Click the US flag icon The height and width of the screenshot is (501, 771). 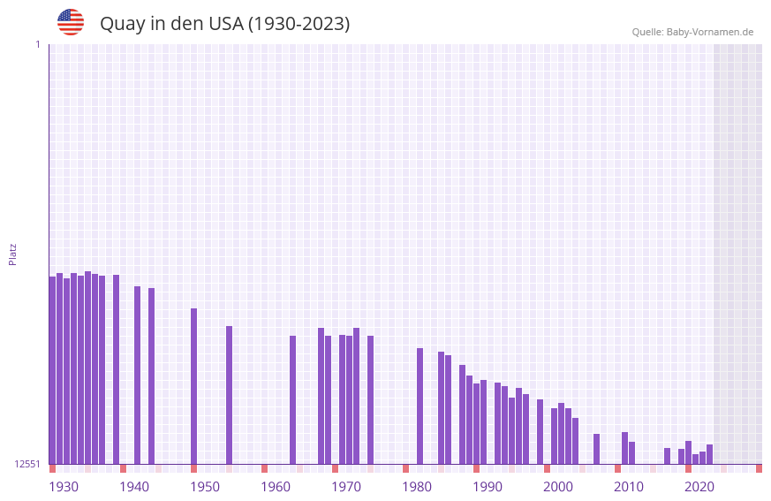click(71, 22)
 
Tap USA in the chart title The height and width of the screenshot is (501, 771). click(225, 24)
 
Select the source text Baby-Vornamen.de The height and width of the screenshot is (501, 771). click(709, 32)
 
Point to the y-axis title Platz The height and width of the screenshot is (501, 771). click(12, 254)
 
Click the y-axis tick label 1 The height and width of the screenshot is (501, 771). click(37, 44)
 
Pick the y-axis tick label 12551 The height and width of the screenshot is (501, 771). click(27, 464)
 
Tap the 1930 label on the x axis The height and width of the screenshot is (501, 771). click(64, 486)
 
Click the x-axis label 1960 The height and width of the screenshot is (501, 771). click(276, 486)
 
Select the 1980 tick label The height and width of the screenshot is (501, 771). click(417, 486)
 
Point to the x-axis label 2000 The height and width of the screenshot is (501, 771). click(558, 486)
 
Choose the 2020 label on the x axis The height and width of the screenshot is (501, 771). click(699, 486)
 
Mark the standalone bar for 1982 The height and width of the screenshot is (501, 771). click(420, 406)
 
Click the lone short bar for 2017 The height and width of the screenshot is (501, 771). click(667, 456)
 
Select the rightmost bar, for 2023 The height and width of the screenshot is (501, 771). click(709, 454)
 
